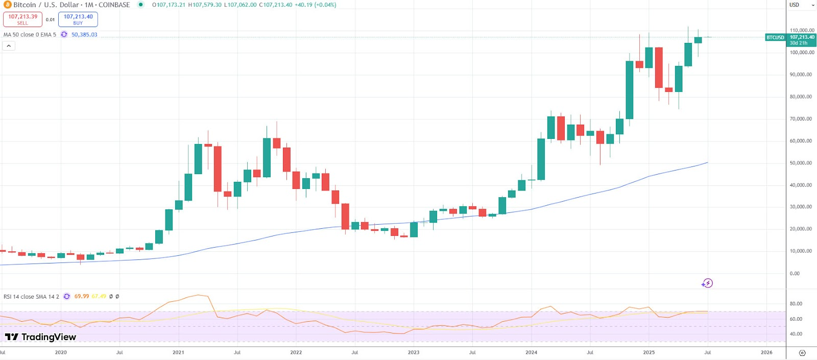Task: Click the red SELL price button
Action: (22, 19)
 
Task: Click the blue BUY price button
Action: (78, 19)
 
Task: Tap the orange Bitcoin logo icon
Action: (7, 5)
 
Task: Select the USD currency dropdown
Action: (802, 5)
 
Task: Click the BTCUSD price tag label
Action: (775, 38)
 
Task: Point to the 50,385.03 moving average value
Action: (84, 35)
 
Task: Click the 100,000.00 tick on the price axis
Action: (802, 53)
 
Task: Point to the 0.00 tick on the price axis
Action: (795, 274)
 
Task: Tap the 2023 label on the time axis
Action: (414, 352)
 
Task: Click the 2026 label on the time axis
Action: (766, 352)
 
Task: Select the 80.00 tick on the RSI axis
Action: (796, 304)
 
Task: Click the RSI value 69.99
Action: (82, 297)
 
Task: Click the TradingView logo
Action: (40, 337)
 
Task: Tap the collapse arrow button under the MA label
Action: (9, 46)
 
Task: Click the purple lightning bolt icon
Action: (707, 283)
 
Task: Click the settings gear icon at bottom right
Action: (802, 353)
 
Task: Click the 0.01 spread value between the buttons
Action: (50, 20)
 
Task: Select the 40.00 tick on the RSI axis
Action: (796, 334)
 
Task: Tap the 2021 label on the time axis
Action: (178, 352)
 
